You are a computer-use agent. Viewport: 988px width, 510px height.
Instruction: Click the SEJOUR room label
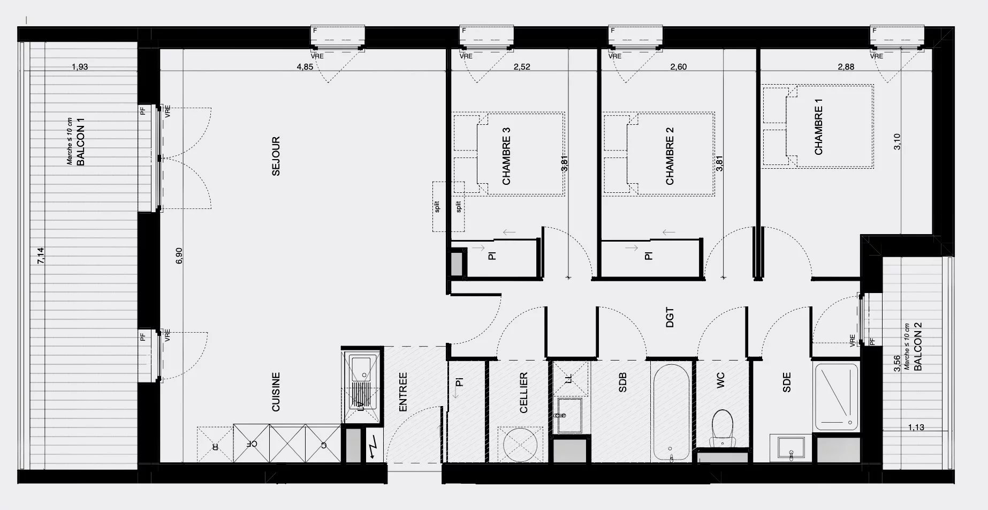276,156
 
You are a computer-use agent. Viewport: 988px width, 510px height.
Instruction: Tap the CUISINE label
276,392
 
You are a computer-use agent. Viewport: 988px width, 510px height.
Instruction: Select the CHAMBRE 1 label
818,130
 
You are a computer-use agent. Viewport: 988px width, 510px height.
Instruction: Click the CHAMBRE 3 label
506,156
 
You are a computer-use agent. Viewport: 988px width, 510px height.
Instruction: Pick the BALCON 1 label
81,142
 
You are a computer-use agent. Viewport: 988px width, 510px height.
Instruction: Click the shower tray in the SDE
836,397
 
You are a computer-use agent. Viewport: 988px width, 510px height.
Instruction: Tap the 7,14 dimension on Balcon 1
41,255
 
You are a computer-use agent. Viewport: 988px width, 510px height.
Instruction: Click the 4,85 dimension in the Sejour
305,67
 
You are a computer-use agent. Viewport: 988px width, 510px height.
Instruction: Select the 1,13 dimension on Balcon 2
916,427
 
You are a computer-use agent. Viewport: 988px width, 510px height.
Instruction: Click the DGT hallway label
670,317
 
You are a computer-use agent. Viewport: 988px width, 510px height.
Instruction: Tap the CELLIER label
523,393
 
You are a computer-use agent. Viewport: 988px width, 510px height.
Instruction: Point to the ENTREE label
403,392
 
